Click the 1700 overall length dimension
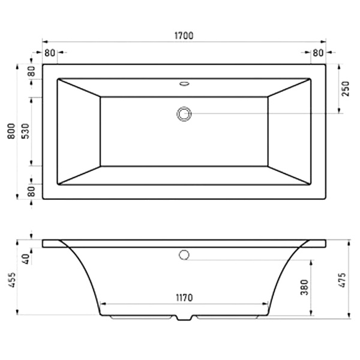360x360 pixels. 184,36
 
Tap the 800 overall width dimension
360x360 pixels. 11,131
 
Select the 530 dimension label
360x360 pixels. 25,131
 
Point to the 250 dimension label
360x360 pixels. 345,89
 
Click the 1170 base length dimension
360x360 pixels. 184,298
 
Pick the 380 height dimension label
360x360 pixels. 304,287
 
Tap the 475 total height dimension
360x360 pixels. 342,280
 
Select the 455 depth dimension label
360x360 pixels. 12,280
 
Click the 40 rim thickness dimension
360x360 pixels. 26,259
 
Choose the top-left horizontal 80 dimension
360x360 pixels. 50,53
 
